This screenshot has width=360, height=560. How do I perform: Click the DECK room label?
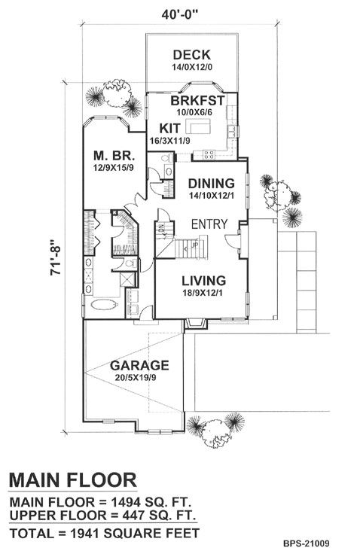tap(191, 55)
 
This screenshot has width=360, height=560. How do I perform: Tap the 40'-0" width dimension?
tap(179, 14)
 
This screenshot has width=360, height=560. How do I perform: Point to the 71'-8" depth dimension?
tap(56, 257)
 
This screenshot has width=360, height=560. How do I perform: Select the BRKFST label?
tap(197, 100)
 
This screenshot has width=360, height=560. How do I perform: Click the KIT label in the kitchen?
tap(170, 128)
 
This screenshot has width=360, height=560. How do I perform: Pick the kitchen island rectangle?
tap(197, 126)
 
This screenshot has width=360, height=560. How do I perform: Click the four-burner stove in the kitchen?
tap(209, 154)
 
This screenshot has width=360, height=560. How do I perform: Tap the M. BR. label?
tap(114, 156)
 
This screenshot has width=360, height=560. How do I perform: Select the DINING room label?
tap(212, 184)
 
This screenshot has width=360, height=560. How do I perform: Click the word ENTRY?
tap(209, 224)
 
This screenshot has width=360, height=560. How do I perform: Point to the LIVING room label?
tap(204, 281)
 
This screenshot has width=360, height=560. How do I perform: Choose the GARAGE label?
tap(139, 365)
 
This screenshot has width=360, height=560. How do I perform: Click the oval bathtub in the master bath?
tap(104, 305)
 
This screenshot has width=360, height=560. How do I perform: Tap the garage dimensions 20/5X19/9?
tap(136, 378)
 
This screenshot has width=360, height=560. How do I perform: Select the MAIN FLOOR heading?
tap(72, 479)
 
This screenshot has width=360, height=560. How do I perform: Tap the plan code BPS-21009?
tap(307, 543)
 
